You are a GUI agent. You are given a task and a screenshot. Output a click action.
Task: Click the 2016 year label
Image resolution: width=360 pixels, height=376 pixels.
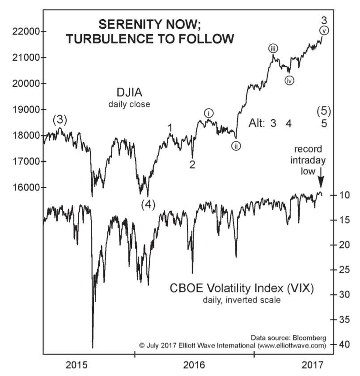[x=195, y=364]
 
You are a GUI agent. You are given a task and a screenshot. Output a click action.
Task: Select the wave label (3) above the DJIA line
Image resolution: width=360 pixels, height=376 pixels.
[x=60, y=119]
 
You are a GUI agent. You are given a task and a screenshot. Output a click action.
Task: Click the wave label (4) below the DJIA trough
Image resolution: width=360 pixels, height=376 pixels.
[x=148, y=204]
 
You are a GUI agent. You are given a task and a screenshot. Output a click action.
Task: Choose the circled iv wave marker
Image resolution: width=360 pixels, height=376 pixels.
[x=289, y=80]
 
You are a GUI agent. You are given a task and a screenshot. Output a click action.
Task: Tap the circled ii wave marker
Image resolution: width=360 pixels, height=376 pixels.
[x=236, y=145]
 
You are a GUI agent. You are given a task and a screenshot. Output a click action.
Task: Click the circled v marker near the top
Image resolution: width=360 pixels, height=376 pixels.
[x=324, y=30]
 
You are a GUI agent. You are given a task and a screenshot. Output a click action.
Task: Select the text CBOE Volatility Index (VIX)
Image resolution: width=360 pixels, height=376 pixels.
[x=241, y=288]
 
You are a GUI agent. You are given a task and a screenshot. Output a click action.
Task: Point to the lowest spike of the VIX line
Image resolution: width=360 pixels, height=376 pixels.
[x=93, y=346]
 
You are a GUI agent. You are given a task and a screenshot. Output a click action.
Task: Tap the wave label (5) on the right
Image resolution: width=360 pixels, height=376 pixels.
[x=323, y=110]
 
